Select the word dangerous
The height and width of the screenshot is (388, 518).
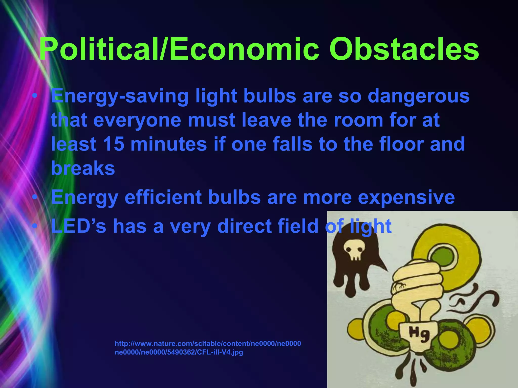(x=419, y=96)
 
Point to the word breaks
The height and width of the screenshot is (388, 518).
(x=83, y=168)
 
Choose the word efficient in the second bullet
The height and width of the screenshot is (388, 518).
(x=163, y=197)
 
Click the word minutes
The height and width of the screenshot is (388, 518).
(x=169, y=144)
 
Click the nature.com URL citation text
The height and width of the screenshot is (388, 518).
(x=208, y=344)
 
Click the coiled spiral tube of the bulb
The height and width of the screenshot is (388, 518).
(x=417, y=280)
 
